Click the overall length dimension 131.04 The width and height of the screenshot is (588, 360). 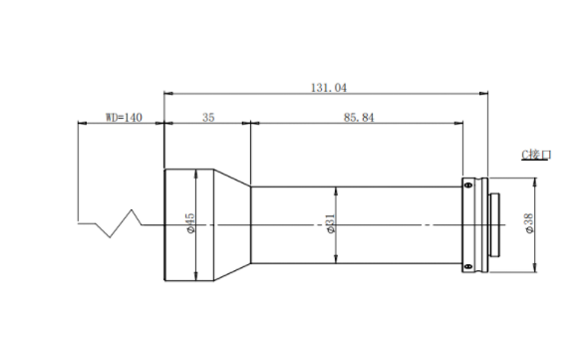(329, 88)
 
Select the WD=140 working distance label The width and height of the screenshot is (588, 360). (124, 118)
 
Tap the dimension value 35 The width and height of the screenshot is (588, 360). (208, 118)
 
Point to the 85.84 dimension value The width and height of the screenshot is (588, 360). (359, 118)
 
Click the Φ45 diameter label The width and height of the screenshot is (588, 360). (190, 223)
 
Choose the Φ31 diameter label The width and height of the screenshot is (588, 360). (330, 223)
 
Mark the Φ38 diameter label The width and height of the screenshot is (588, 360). (529, 223)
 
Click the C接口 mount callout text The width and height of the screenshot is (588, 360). (536, 155)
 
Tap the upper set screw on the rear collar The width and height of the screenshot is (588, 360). (468, 184)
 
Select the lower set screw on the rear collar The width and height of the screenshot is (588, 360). (468, 266)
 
